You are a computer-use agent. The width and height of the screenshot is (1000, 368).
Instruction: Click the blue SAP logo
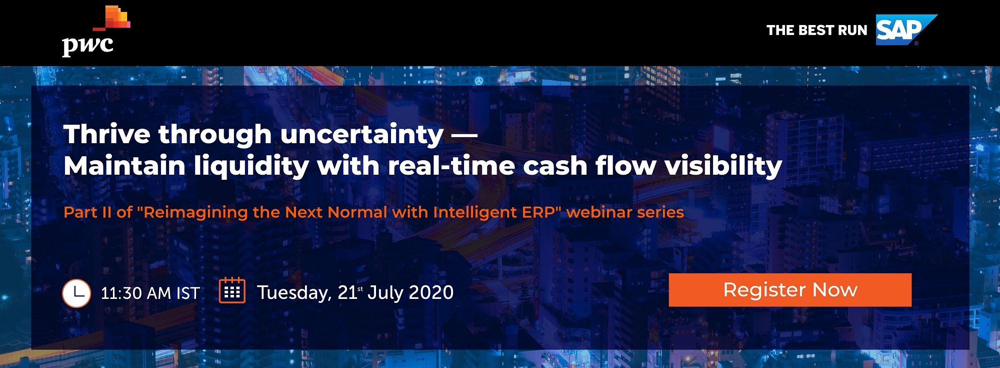(x=905, y=30)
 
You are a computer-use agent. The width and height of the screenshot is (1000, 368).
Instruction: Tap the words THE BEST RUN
(x=816, y=31)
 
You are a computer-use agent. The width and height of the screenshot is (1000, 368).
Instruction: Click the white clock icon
(x=76, y=293)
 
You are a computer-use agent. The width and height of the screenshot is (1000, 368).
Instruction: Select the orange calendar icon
(x=232, y=290)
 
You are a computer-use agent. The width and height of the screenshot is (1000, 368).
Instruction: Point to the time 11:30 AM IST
(x=150, y=293)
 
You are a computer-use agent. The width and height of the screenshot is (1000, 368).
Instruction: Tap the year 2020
(x=430, y=292)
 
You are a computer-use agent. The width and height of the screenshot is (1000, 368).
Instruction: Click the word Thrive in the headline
(x=107, y=134)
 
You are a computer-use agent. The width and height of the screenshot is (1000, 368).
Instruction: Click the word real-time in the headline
(x=451, y=166)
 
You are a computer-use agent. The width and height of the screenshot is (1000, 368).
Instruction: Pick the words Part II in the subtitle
(x=87, y=212)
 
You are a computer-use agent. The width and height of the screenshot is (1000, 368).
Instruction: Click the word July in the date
(x=384, y=293)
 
